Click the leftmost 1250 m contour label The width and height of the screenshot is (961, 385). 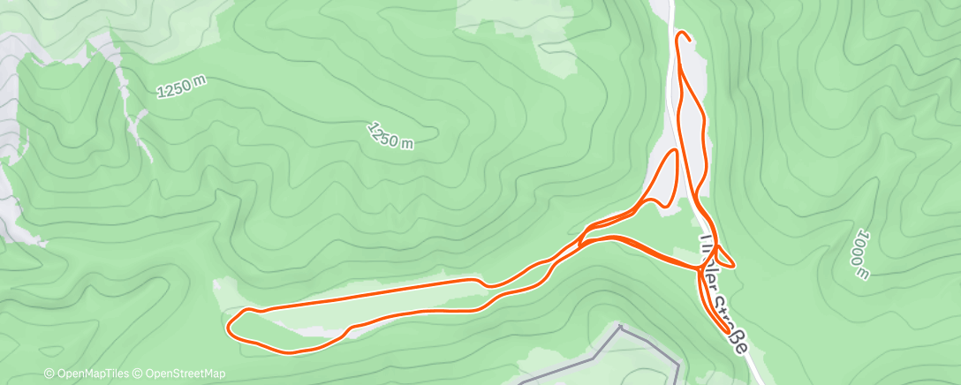pyautogui.click(x=182, y=86)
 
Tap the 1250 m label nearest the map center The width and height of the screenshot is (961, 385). pyautogui.click(x=390, y=135)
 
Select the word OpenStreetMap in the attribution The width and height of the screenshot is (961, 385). pyautogui.click(x=187, y=374)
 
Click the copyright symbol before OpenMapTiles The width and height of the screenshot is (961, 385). pyautogui.click(x=49, y=374)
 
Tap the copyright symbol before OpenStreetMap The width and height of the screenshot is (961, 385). pyautogui.click(x=139, y=374)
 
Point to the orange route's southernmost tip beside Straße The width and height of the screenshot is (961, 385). pyautogui.click(x=730, y=334)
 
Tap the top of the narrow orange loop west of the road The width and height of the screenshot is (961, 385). pyautogui.click(x=674, y=152)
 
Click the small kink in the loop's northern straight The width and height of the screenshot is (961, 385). pyautogui.click(x=483, y=282)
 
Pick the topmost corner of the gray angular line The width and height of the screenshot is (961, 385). pyautogui.click(x=621, y=327)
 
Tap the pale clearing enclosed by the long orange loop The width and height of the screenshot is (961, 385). pyautogui.click(x=371, y=305)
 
